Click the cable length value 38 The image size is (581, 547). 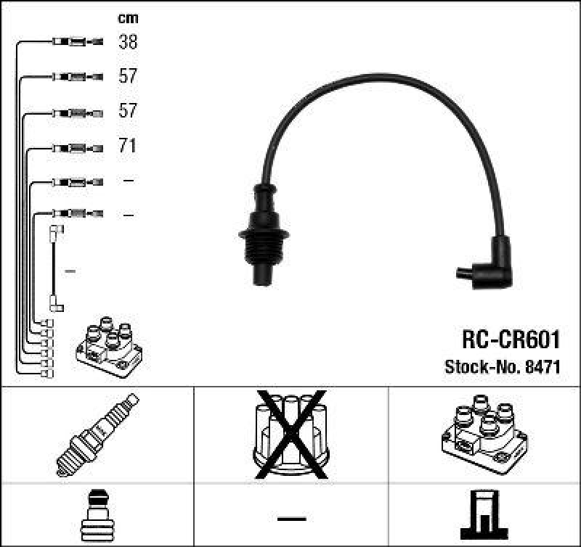pyautogui.click(x=128, y=42)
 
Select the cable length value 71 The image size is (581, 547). pyautogui.click(x=128, y=147)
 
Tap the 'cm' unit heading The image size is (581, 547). pyautogui.click(x=128, y=18)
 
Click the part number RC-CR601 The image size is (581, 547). pyautogui.click(x=511, y=340)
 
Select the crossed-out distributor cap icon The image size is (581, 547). pyautogui.click(x=290, y=434)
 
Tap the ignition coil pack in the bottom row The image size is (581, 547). pyautogui.click(x=484, y=435)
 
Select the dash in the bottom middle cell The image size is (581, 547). pyautogui.click(x=291, y=518)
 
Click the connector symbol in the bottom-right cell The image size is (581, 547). pyautogui.click(x=484, y=514)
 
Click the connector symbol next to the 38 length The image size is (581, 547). pyautogui.click(x=77, y=42)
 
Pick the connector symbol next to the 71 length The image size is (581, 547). pyautogui.click(x=77, y=147)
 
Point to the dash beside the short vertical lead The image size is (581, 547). pyautogui.click(x=70, y=271)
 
